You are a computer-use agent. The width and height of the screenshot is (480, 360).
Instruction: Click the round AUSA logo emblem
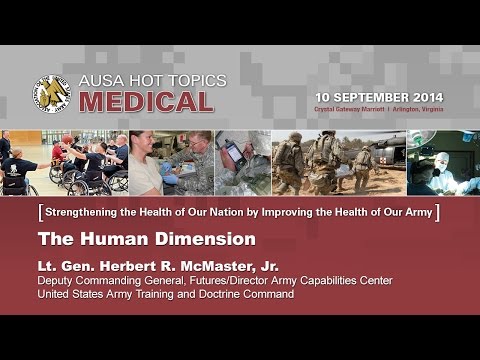[x=51, y=93]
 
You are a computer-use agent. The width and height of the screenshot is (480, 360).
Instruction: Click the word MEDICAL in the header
[x=146, y=102]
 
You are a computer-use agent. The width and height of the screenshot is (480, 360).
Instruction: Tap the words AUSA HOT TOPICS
[x=152, y=81]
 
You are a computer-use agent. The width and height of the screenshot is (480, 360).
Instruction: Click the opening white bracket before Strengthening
[x=37, y=212]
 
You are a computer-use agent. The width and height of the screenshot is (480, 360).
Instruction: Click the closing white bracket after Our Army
[x=439, y=212]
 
